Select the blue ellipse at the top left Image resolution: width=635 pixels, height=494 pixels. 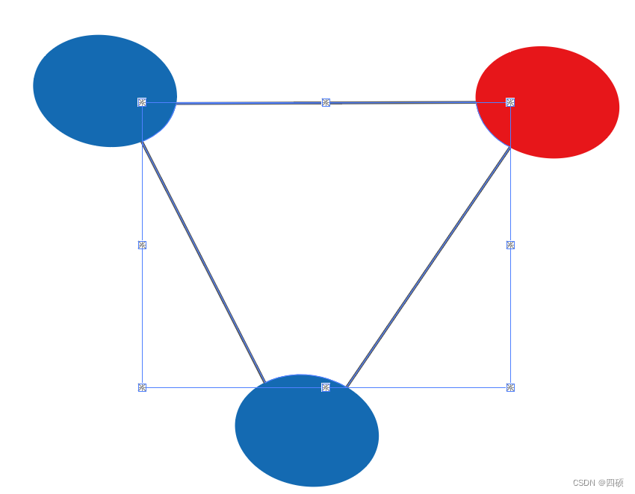(x=97, y=82)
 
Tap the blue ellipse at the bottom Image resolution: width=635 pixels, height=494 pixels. (x=306, y=437)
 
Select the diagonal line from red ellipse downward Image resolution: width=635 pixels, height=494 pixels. (x=430, y=266)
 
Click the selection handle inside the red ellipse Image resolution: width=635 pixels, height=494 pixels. (x=510, y=102)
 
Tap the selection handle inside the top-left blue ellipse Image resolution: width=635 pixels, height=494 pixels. (x=142, y=102)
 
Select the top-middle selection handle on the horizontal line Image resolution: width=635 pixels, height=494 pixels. (x=326, y=102)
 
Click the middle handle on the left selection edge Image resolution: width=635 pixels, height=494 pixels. (x=142, y=245)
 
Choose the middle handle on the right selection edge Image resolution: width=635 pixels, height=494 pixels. (x=510, y=245)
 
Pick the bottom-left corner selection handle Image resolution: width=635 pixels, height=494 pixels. (x=142, y=387)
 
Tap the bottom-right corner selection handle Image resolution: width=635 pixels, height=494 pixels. (x=510, y=387)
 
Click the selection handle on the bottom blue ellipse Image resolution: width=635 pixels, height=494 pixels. (x=326, y=387)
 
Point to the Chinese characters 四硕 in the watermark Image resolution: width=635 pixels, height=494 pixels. (x=614, y=483)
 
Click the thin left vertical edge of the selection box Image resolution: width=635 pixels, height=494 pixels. (x=142, y=313)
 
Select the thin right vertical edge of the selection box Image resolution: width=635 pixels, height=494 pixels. (x=510, y=313)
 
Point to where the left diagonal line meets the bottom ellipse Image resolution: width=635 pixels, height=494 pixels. (x=264, y=382)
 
